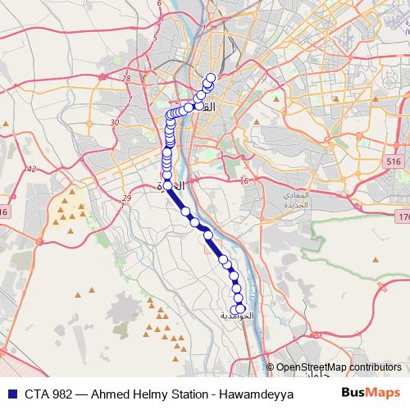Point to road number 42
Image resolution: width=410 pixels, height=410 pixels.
pyautogui.click(x=31, y=168)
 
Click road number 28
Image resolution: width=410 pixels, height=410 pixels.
pyautogui.click(x=125, y=79)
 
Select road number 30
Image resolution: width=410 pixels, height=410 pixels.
pyautogui.click(x=115, y=121)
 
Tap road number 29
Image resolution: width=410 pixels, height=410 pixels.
pyautogui.click(x=126, y=198)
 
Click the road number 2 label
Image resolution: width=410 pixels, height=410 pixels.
pyautogui.click(x=177, y=102)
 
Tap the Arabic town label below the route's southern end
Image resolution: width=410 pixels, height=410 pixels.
pyautogui.click(x=239, y=316)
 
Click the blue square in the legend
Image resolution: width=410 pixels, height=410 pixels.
pyautogui.click(x=9, y=394)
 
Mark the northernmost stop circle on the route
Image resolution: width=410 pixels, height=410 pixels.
pyautogui.click(x=211, y=78)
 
